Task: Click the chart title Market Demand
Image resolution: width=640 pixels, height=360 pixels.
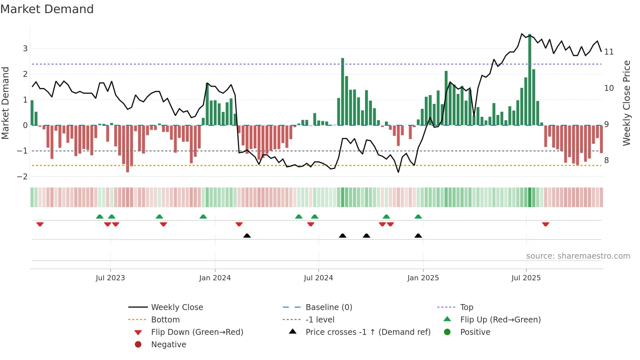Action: [47, 9]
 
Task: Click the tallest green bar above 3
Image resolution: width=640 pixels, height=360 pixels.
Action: [530, 78]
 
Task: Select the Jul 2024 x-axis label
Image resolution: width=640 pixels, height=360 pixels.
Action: [318, 278]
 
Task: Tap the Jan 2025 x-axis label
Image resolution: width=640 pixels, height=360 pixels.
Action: [423, 278]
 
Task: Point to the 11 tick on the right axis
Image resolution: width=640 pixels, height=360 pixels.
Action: [609, 52]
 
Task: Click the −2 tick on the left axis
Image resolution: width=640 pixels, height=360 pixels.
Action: [23, 177]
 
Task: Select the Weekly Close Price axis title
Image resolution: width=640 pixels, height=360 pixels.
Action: [626, 103]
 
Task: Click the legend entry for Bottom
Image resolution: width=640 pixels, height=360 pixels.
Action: [165, 320]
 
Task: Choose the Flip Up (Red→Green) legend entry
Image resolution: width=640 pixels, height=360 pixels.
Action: [500, 320]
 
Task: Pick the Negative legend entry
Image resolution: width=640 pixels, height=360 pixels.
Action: [168, 345]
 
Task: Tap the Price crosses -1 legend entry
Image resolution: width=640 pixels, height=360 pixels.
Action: [368, 332]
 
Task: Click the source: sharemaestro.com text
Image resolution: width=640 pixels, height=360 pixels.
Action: [578, 256]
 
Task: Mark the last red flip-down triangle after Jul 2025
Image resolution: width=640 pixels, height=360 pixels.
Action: [545, 224]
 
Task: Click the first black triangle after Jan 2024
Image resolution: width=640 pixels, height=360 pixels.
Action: [247, 236]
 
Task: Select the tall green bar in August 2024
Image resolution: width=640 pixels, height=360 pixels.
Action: [343, 91]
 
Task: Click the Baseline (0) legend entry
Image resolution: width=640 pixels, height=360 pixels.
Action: [328, 307]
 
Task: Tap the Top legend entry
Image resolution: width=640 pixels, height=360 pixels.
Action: [466, 307]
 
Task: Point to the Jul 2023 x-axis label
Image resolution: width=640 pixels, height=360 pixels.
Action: [110, 278]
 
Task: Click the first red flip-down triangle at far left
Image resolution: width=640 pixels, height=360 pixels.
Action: [40, 224]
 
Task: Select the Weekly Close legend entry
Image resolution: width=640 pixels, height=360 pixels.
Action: [177, 307]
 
